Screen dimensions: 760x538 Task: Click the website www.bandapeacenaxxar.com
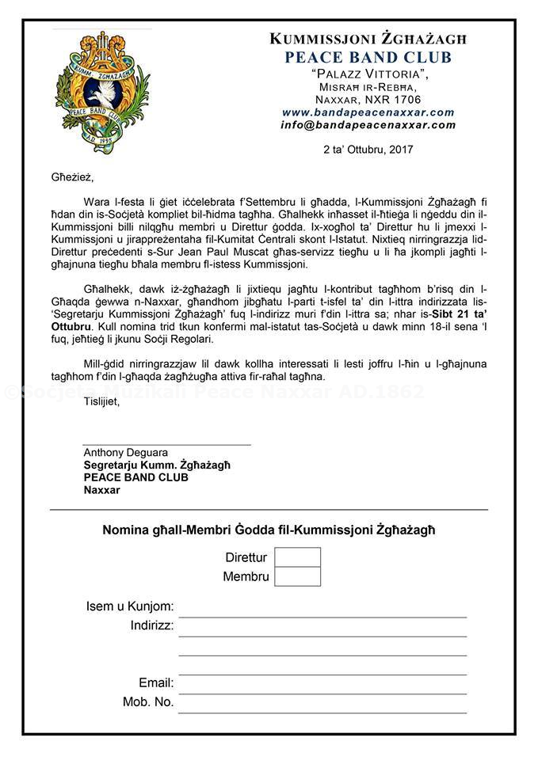[368, 112]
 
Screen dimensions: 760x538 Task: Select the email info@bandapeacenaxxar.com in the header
[368, 124]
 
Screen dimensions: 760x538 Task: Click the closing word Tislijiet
[101, 402]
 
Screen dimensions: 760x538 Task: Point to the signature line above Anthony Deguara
[166, 445]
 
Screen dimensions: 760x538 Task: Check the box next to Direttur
[297, 557]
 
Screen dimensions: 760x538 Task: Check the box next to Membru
[297, 576]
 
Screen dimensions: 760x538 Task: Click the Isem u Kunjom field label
[130, 607]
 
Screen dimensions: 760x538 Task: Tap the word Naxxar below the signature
[101, 489]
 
